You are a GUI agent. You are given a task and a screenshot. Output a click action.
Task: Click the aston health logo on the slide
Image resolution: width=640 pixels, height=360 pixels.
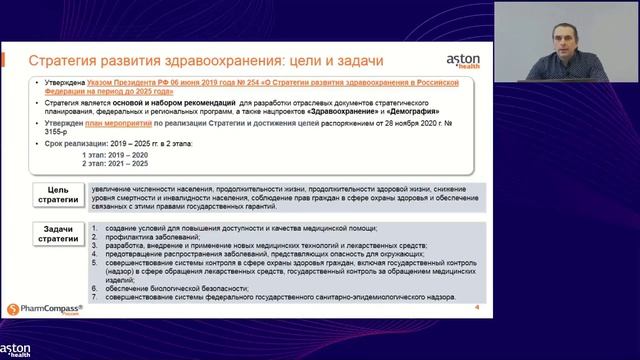coord(456,62)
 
